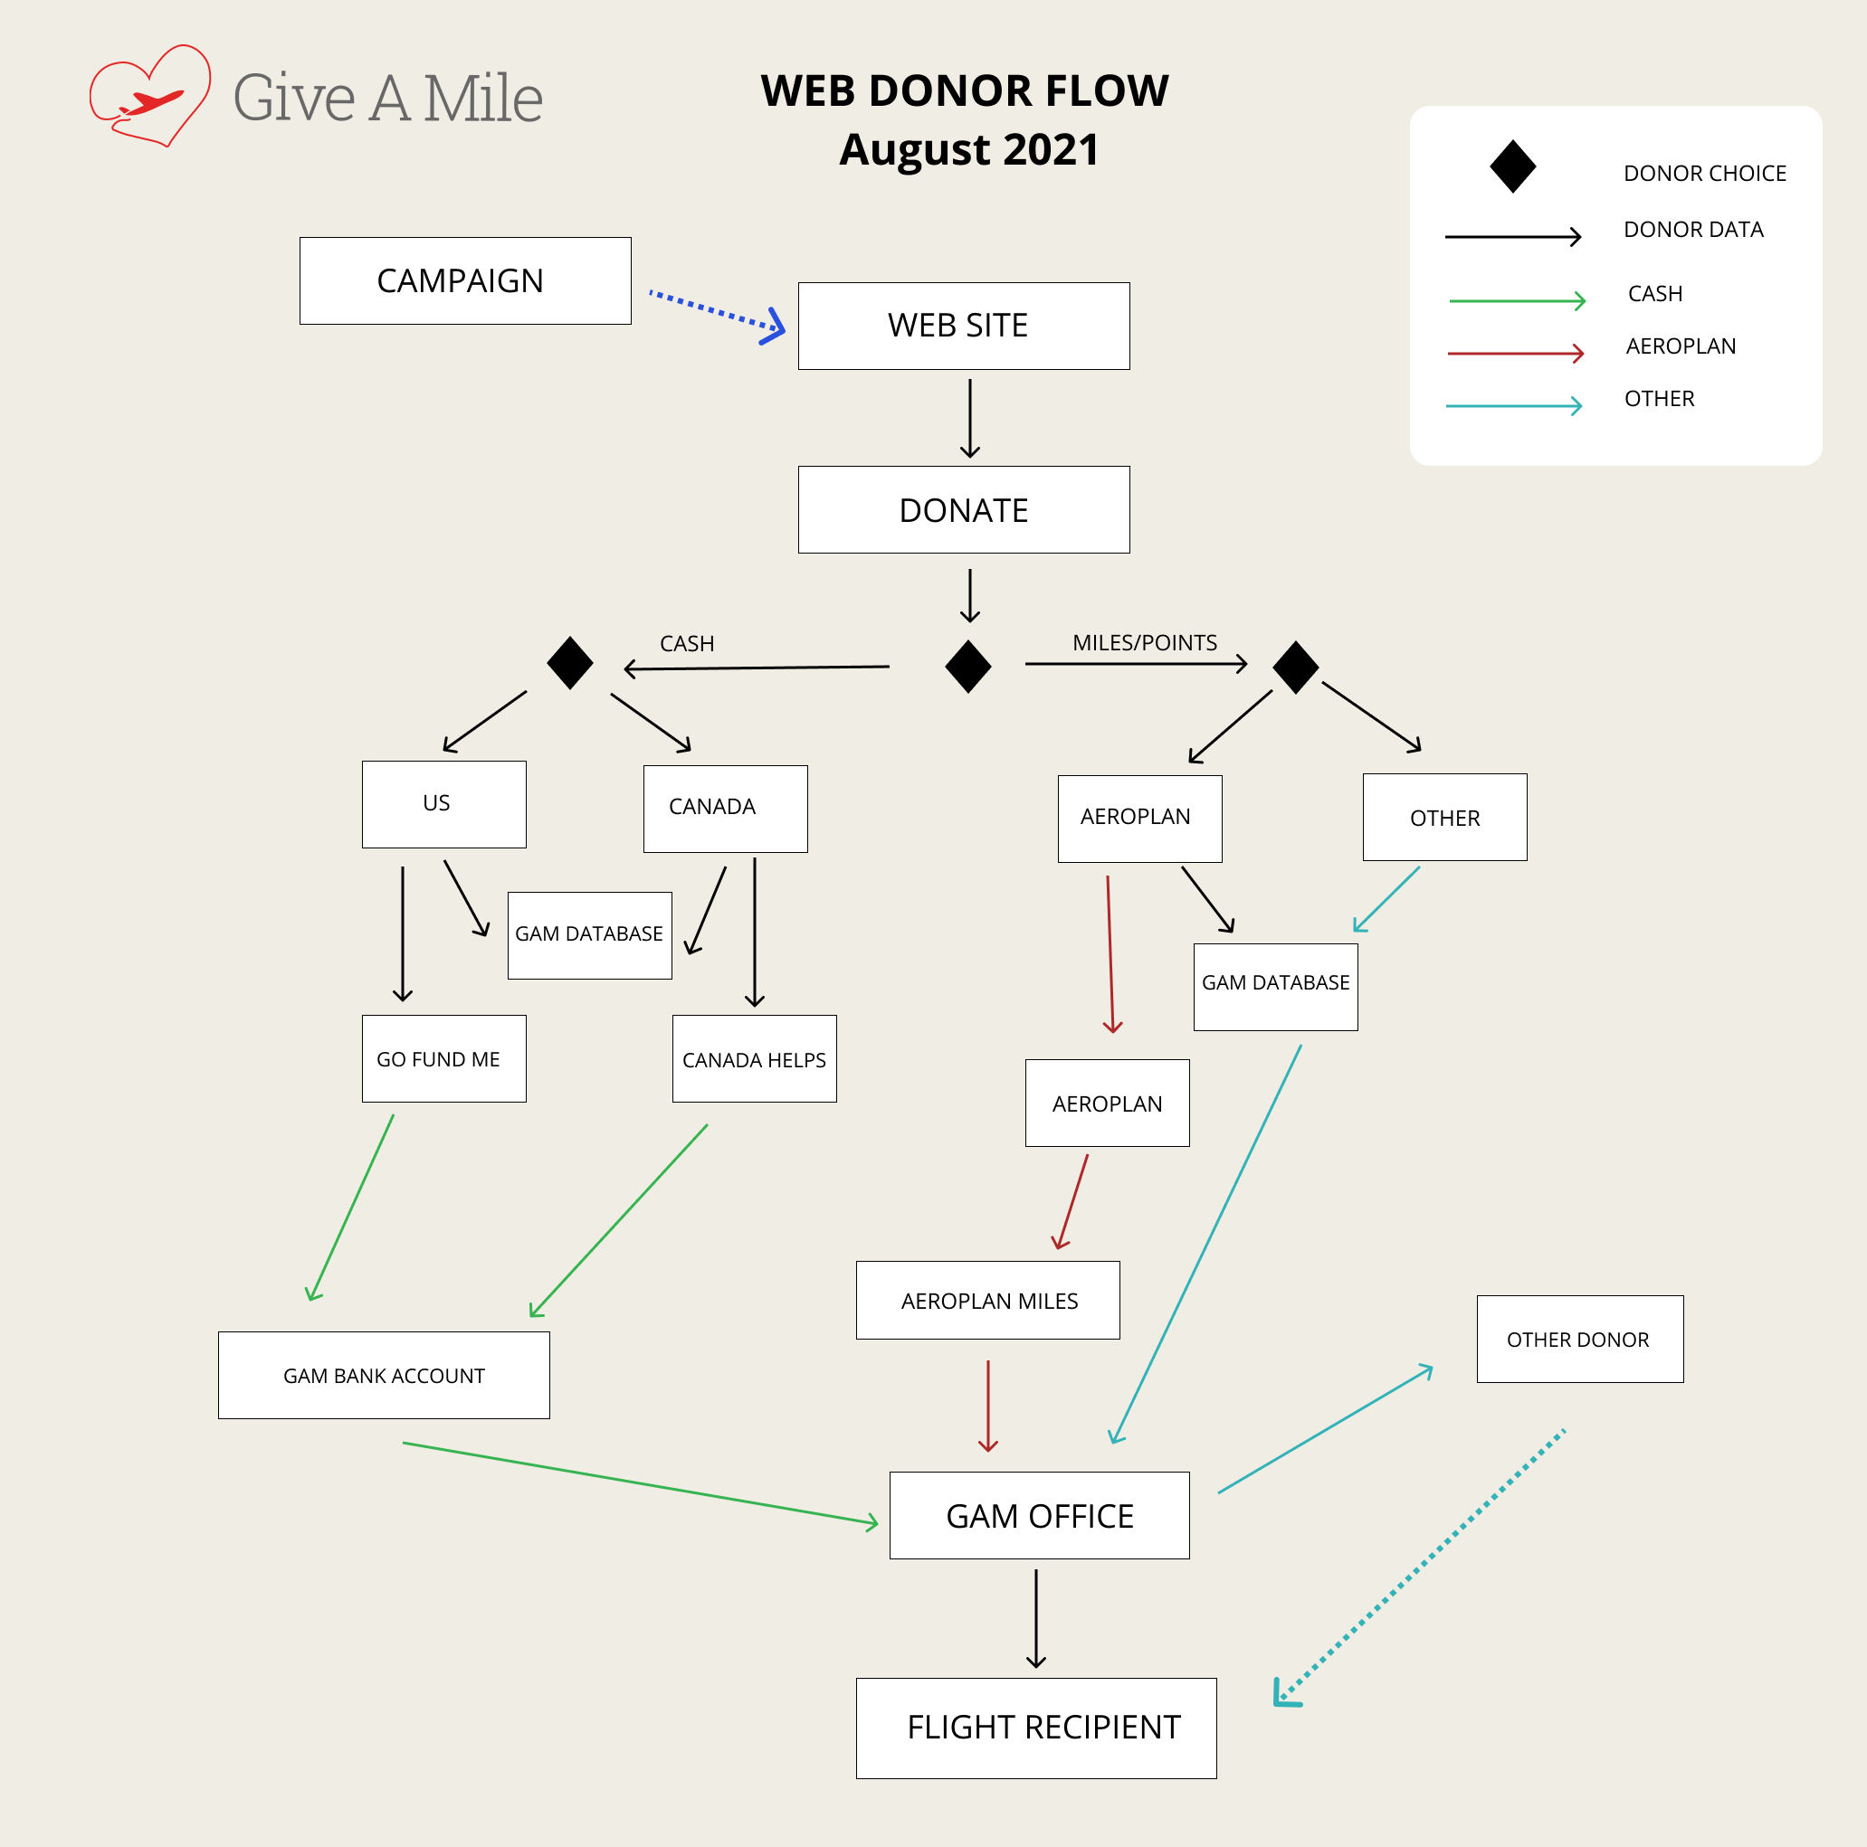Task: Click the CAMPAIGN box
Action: [465, 280]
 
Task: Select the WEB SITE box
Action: [964, 326]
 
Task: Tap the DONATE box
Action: [964, 509]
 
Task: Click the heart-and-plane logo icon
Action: [151, 96]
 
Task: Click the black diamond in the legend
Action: [1512, 166]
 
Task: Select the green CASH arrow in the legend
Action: [1516, 300]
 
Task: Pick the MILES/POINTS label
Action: [1144, 642]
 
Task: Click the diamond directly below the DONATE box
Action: [968, 666]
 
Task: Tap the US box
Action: [443, 804]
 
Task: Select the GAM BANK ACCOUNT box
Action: [384, 1375]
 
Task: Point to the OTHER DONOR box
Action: [1579, 1338]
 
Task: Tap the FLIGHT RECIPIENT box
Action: [1036, 1728]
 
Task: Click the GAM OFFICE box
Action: [1039, 1515]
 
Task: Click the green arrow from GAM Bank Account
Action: [638, 1482]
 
